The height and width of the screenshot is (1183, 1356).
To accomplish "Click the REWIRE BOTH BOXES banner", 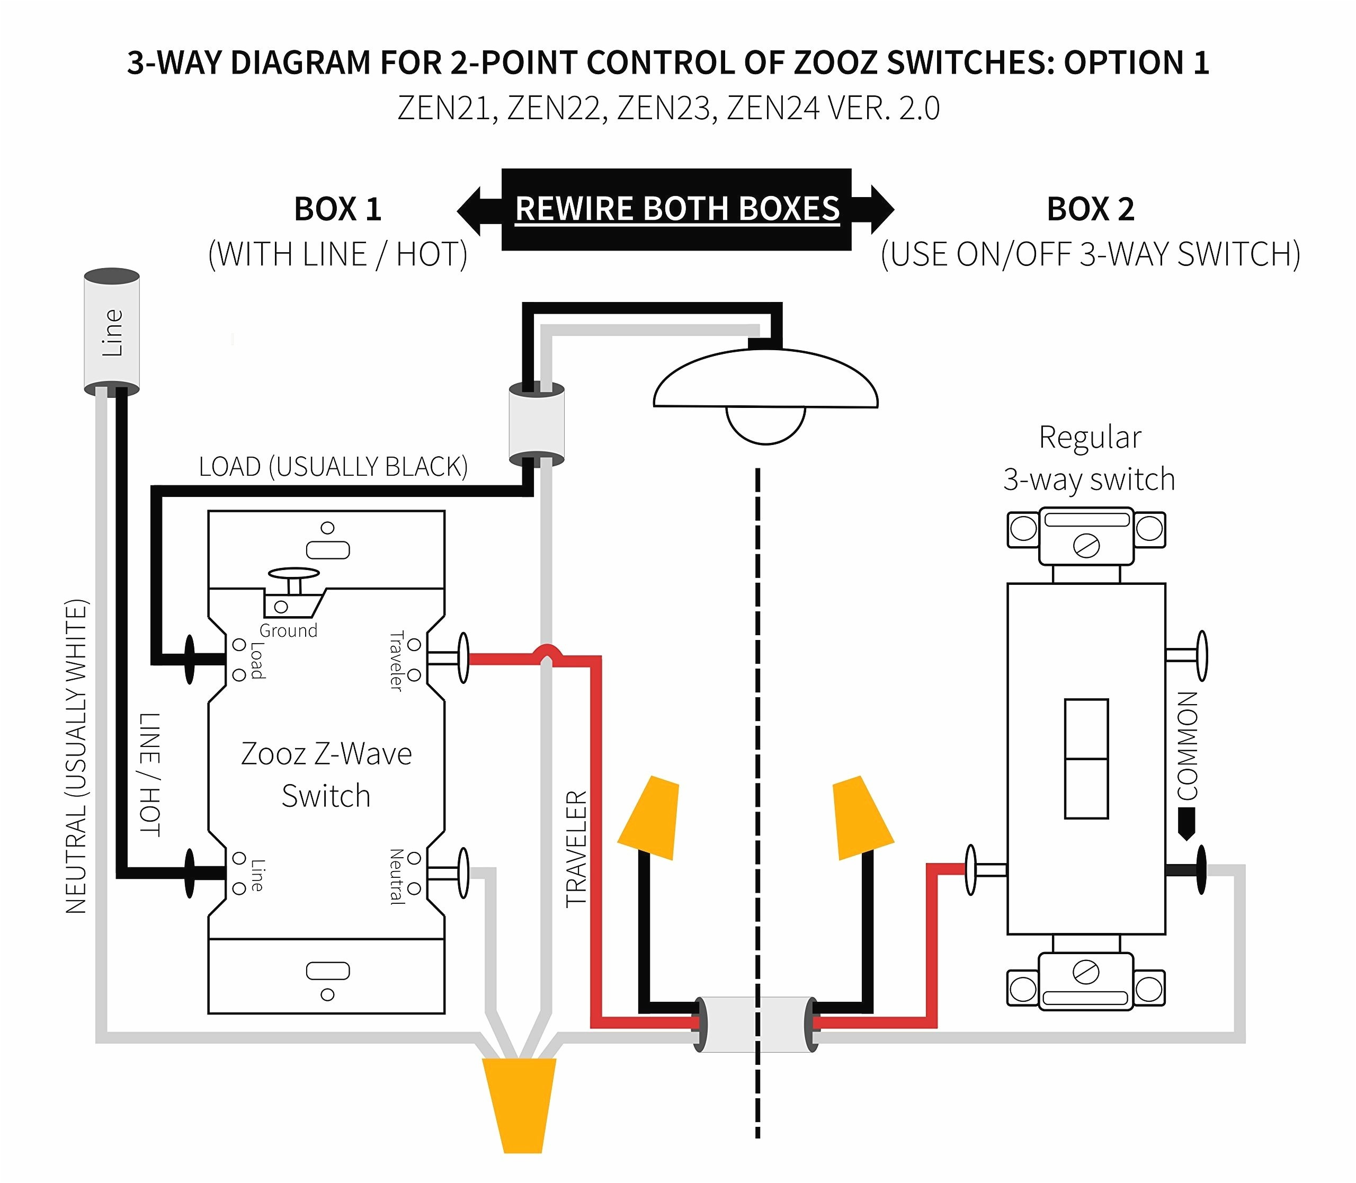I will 677,209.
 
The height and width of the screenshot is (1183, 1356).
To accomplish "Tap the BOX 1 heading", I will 337,209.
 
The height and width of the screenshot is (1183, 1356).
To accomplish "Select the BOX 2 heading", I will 1091,209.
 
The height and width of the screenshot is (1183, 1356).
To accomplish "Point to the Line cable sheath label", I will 112,333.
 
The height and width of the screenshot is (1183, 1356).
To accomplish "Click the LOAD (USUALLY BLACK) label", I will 333,467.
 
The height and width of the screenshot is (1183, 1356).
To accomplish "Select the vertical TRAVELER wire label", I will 576,849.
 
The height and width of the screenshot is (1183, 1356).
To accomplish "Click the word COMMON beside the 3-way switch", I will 1188,746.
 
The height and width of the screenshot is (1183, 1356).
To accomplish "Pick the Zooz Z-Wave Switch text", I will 326,775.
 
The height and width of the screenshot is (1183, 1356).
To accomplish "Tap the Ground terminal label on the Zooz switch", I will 289,630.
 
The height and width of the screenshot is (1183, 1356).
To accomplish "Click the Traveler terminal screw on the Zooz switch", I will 463,657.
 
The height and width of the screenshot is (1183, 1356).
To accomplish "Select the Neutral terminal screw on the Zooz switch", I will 463,873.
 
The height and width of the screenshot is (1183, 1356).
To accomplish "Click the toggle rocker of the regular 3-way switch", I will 1086,759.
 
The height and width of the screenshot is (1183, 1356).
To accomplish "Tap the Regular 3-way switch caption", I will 1089,458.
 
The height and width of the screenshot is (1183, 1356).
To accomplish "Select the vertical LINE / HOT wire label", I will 150,773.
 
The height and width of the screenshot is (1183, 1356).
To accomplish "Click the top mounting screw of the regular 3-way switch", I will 1086,546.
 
